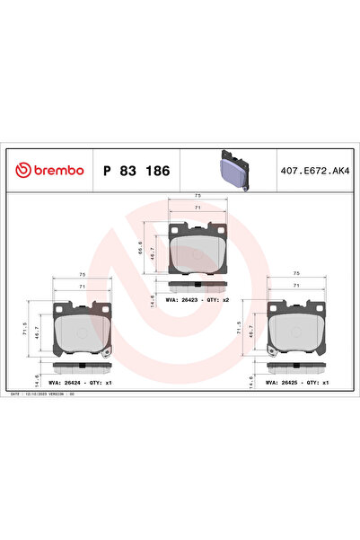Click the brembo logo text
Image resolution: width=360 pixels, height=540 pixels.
(51, 170)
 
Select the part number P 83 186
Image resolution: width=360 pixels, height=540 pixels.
(136, 170)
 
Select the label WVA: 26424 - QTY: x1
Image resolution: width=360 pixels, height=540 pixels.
(83, 382)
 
